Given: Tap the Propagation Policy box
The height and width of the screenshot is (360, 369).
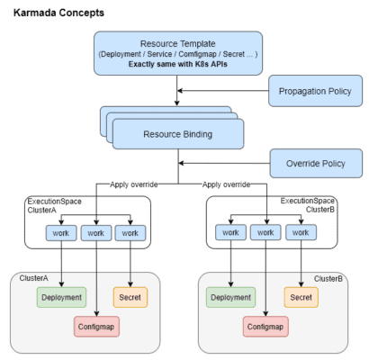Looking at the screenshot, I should pyautogui.click(x=316, y=91).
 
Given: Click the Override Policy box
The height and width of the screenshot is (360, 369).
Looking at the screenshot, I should pyautogui.click(x=316, y=164).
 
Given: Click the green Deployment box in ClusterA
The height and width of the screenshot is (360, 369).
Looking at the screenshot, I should pyautogui.click(x=60, y=296).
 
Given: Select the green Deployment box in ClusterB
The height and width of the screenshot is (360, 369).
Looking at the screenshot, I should pyautogui.click(x=229, y=296).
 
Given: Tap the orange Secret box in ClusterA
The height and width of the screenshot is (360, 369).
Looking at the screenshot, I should pyautogui.click(x=132, y=296).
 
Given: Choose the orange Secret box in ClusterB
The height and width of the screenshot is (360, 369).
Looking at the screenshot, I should pyautogui.click(x=301, y=296).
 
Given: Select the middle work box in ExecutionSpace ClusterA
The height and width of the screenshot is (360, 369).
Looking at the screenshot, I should pyautogui.click(x=96, y=233).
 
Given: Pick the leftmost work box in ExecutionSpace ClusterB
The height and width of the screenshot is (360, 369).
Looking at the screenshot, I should pyautogui.click(x=229, y=233).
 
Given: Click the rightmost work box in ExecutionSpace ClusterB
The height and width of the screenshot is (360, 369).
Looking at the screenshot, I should pyautogui.click(x=301, y=233).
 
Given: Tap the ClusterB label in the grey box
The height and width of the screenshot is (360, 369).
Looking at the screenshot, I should pyautogui.click(x=328, y=279).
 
